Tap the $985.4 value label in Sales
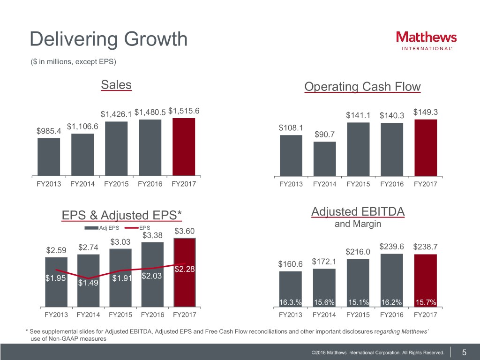(x=49, y=130)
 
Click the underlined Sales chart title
(x=116, y=85)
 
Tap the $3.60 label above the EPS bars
(x=184, y=231)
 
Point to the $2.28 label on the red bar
(x=184, y=269)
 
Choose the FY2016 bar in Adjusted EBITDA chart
(x=392, y=279)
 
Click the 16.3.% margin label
(x=290, y=301)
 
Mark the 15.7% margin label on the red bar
(x=426, y=301)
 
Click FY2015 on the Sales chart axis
(x=116, y=184)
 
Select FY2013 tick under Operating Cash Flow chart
(x=291, y=184)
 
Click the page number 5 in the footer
(x=464, y=352)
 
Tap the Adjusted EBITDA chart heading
(x=358, y=212)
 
